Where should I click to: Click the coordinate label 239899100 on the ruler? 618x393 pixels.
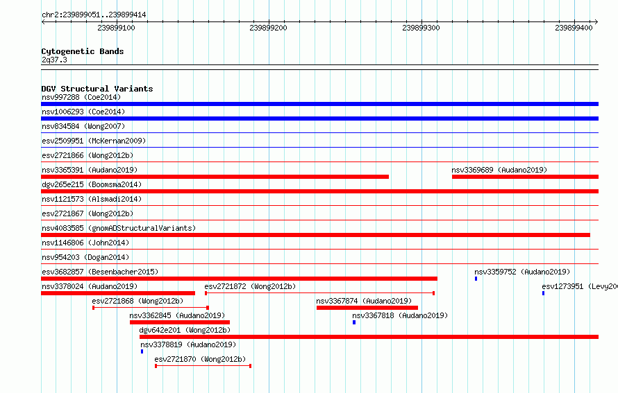(x=117, y=28)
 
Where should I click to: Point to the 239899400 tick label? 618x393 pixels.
(x=574, y=28)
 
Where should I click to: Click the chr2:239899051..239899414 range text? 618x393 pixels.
(x=94, y=15)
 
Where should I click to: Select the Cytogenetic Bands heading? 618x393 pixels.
(x=83, y=51)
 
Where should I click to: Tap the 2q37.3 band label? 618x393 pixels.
(x=54, y=60)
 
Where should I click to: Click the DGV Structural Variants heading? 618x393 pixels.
(x=97, y=89)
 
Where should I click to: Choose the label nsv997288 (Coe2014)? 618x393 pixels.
(x=81, y=97)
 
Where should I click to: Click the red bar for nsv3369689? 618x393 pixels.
(x=525, y=177)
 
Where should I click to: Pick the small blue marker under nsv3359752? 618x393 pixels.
(x=476, y=279)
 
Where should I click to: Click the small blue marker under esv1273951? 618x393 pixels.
(x=543, y=293)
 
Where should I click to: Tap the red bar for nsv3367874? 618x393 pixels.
(x=367, y=308)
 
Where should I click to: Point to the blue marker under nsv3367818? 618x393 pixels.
(x=353, y=322)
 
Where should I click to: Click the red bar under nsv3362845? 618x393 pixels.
(x=179, y=322)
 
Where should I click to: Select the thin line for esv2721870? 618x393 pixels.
(x=203, y=366)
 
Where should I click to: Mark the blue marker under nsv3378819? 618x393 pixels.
(x=142, y=351)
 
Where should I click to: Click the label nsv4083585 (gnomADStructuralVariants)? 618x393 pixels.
(x=119, y=228)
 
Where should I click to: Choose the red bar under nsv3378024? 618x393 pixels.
(x=118, y=293)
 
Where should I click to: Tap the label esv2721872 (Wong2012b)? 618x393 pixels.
(x=249, y=286)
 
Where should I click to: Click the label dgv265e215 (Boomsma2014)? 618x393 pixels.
(x=92, y=184)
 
